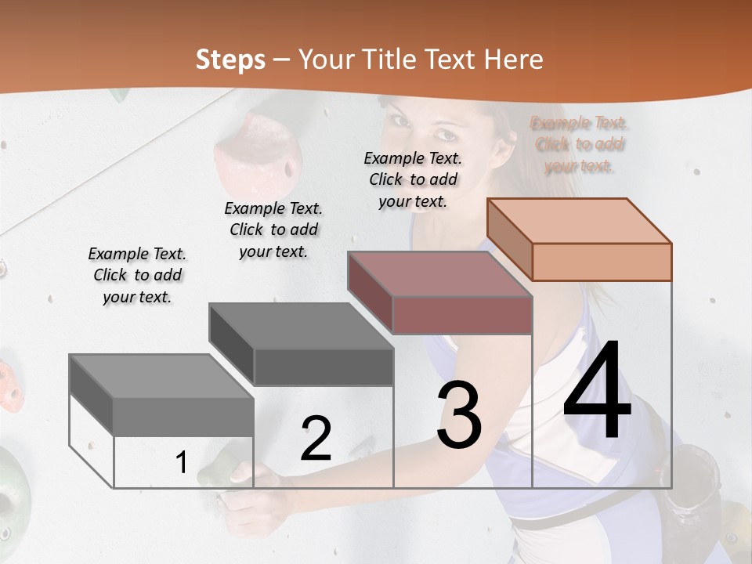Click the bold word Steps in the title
click(230, 60)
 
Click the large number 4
click(597, 391)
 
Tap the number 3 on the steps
click(459, 416)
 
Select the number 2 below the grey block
click(316, 439)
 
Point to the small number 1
click(181, 463)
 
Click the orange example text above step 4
click(580, 144)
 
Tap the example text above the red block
click(413, 179)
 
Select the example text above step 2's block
click(273, 230)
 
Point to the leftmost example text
click(137, 275)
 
